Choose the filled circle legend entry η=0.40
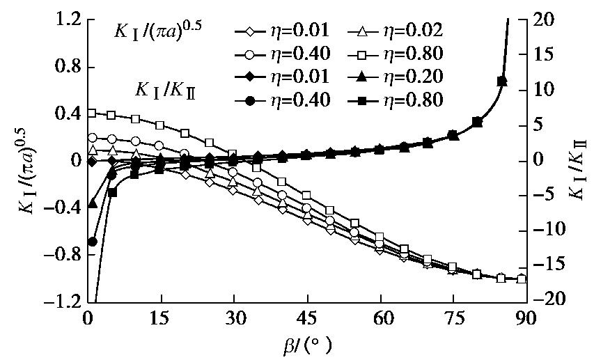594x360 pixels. click(x=272, y=100)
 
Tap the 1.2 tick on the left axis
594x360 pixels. click(x=66, y=19)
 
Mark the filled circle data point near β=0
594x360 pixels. click(x=92, y=242)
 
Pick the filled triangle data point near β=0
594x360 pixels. click(x=92, y=203)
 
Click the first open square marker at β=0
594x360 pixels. click(x=92, y=113)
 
